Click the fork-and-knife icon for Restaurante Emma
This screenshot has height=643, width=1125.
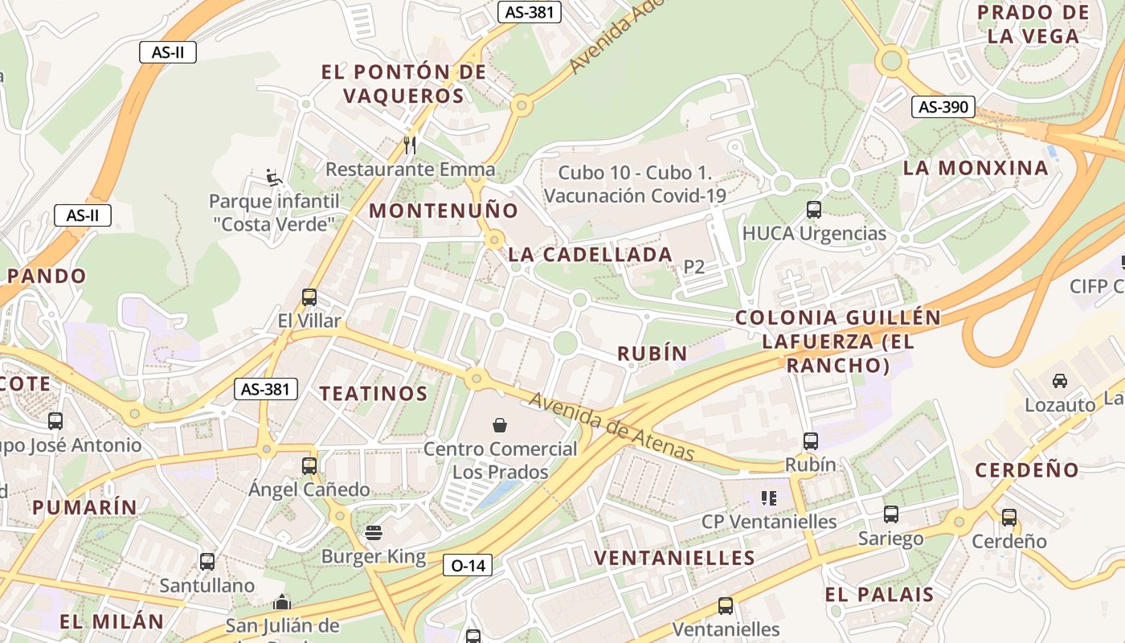pyautogui.click(x=410, y=145)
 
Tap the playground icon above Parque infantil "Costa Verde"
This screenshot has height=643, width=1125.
pyautogui.click(x=273, y=176)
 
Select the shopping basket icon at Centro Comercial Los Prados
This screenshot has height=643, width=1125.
pyautogui.click(x=500, y=424)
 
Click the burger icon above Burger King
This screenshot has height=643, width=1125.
pyautogui.click(x=373, y=532)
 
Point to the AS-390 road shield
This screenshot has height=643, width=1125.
pyautogui.click(x=943, y=107)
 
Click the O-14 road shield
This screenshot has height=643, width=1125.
pyautogui.click(x=468, y=565)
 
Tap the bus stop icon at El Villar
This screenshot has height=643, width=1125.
pyautogui.click(x=309, y=297)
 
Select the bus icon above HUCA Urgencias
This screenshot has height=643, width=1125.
pyautogui.click(x=814, y=210)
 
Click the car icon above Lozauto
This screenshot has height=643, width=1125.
pyautogui.click(x=1060, y=380)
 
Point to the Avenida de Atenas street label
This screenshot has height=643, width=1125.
pyautogui.click(x=611, y=426)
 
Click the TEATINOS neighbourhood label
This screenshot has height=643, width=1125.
pyautogui.click(x=374, y=393)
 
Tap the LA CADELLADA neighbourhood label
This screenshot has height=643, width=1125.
pyautogui.click(x=591, y=254)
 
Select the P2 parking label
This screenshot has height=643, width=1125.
pyautogui.click(x=693, y=267)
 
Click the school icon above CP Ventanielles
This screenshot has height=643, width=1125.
pyautogui.click(x=769, y=498)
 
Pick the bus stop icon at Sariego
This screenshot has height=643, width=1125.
pyautogui.click(x=890, y=514)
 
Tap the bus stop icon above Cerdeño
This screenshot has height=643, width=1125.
pyautogui.click(x=1009, y=518)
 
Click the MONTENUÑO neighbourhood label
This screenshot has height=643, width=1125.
pyautogui.click(x=444, y=211)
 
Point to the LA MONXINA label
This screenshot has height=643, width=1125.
pyautogui.click(x=976, y=168)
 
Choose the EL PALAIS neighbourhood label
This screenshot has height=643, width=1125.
pyautogui.click(x=879, y=595)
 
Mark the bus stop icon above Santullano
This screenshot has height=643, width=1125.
pyautogui.click(x=207, y=561)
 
